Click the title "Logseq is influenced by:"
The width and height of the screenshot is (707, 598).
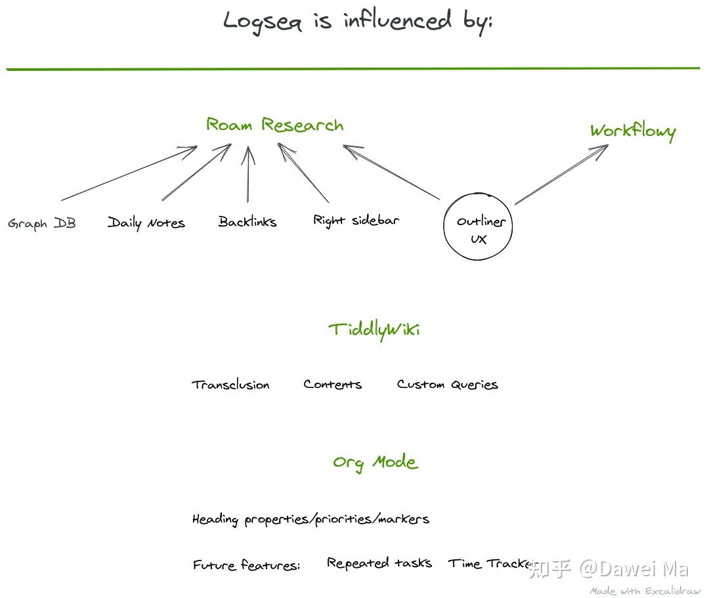(x=358, y=21)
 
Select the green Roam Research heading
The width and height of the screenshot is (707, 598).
(x=274, y=125)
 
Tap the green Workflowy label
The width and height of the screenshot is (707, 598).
(x=632, y=131)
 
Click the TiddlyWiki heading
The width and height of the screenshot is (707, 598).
(x=374, y=329)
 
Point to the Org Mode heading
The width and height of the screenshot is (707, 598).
(x=375, y=462)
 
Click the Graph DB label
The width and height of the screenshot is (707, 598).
(x=42, y=224)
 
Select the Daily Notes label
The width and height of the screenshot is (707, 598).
(x=146, y=223)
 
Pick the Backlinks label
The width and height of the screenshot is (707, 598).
(x=247, y=222)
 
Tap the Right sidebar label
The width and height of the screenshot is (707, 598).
(x=355, y=221)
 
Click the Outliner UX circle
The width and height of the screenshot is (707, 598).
(x=478, y=226)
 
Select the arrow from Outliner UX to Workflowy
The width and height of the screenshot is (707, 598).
(x=561, y=175)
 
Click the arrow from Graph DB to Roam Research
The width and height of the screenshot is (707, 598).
(x=129, y=173)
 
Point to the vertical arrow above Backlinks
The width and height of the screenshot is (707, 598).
(x=247, y=175)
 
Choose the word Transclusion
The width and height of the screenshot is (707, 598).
(x=230, y=385)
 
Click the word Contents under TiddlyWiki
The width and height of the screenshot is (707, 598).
(x=332, y=385)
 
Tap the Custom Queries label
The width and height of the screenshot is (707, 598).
(x=447, y=385)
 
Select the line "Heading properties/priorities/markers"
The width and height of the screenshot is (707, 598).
(x=311, y=519)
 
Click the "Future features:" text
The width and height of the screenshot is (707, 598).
(x=246, y=565)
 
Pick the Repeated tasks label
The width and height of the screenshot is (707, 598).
(x=379, y=563)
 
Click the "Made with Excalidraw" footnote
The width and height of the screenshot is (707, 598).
(x=645, y=591)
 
